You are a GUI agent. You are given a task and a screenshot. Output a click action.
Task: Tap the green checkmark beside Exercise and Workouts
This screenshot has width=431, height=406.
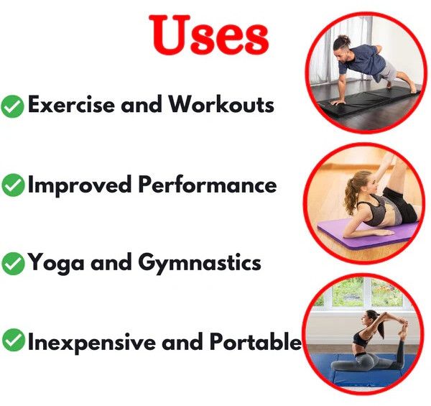[x=12, y=106]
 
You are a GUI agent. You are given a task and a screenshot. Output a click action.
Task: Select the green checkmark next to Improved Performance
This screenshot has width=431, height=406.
[x=13, y=185]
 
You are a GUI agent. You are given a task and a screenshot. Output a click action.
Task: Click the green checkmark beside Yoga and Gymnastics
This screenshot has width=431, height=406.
[x=13, y=263]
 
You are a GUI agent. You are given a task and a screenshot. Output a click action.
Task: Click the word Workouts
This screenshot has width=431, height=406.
[x=221, y=104]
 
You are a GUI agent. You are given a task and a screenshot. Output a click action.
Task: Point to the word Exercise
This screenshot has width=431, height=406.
[x=71, y=104]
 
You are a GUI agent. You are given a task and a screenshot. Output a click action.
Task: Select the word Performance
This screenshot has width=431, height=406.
[x=208, y=184]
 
